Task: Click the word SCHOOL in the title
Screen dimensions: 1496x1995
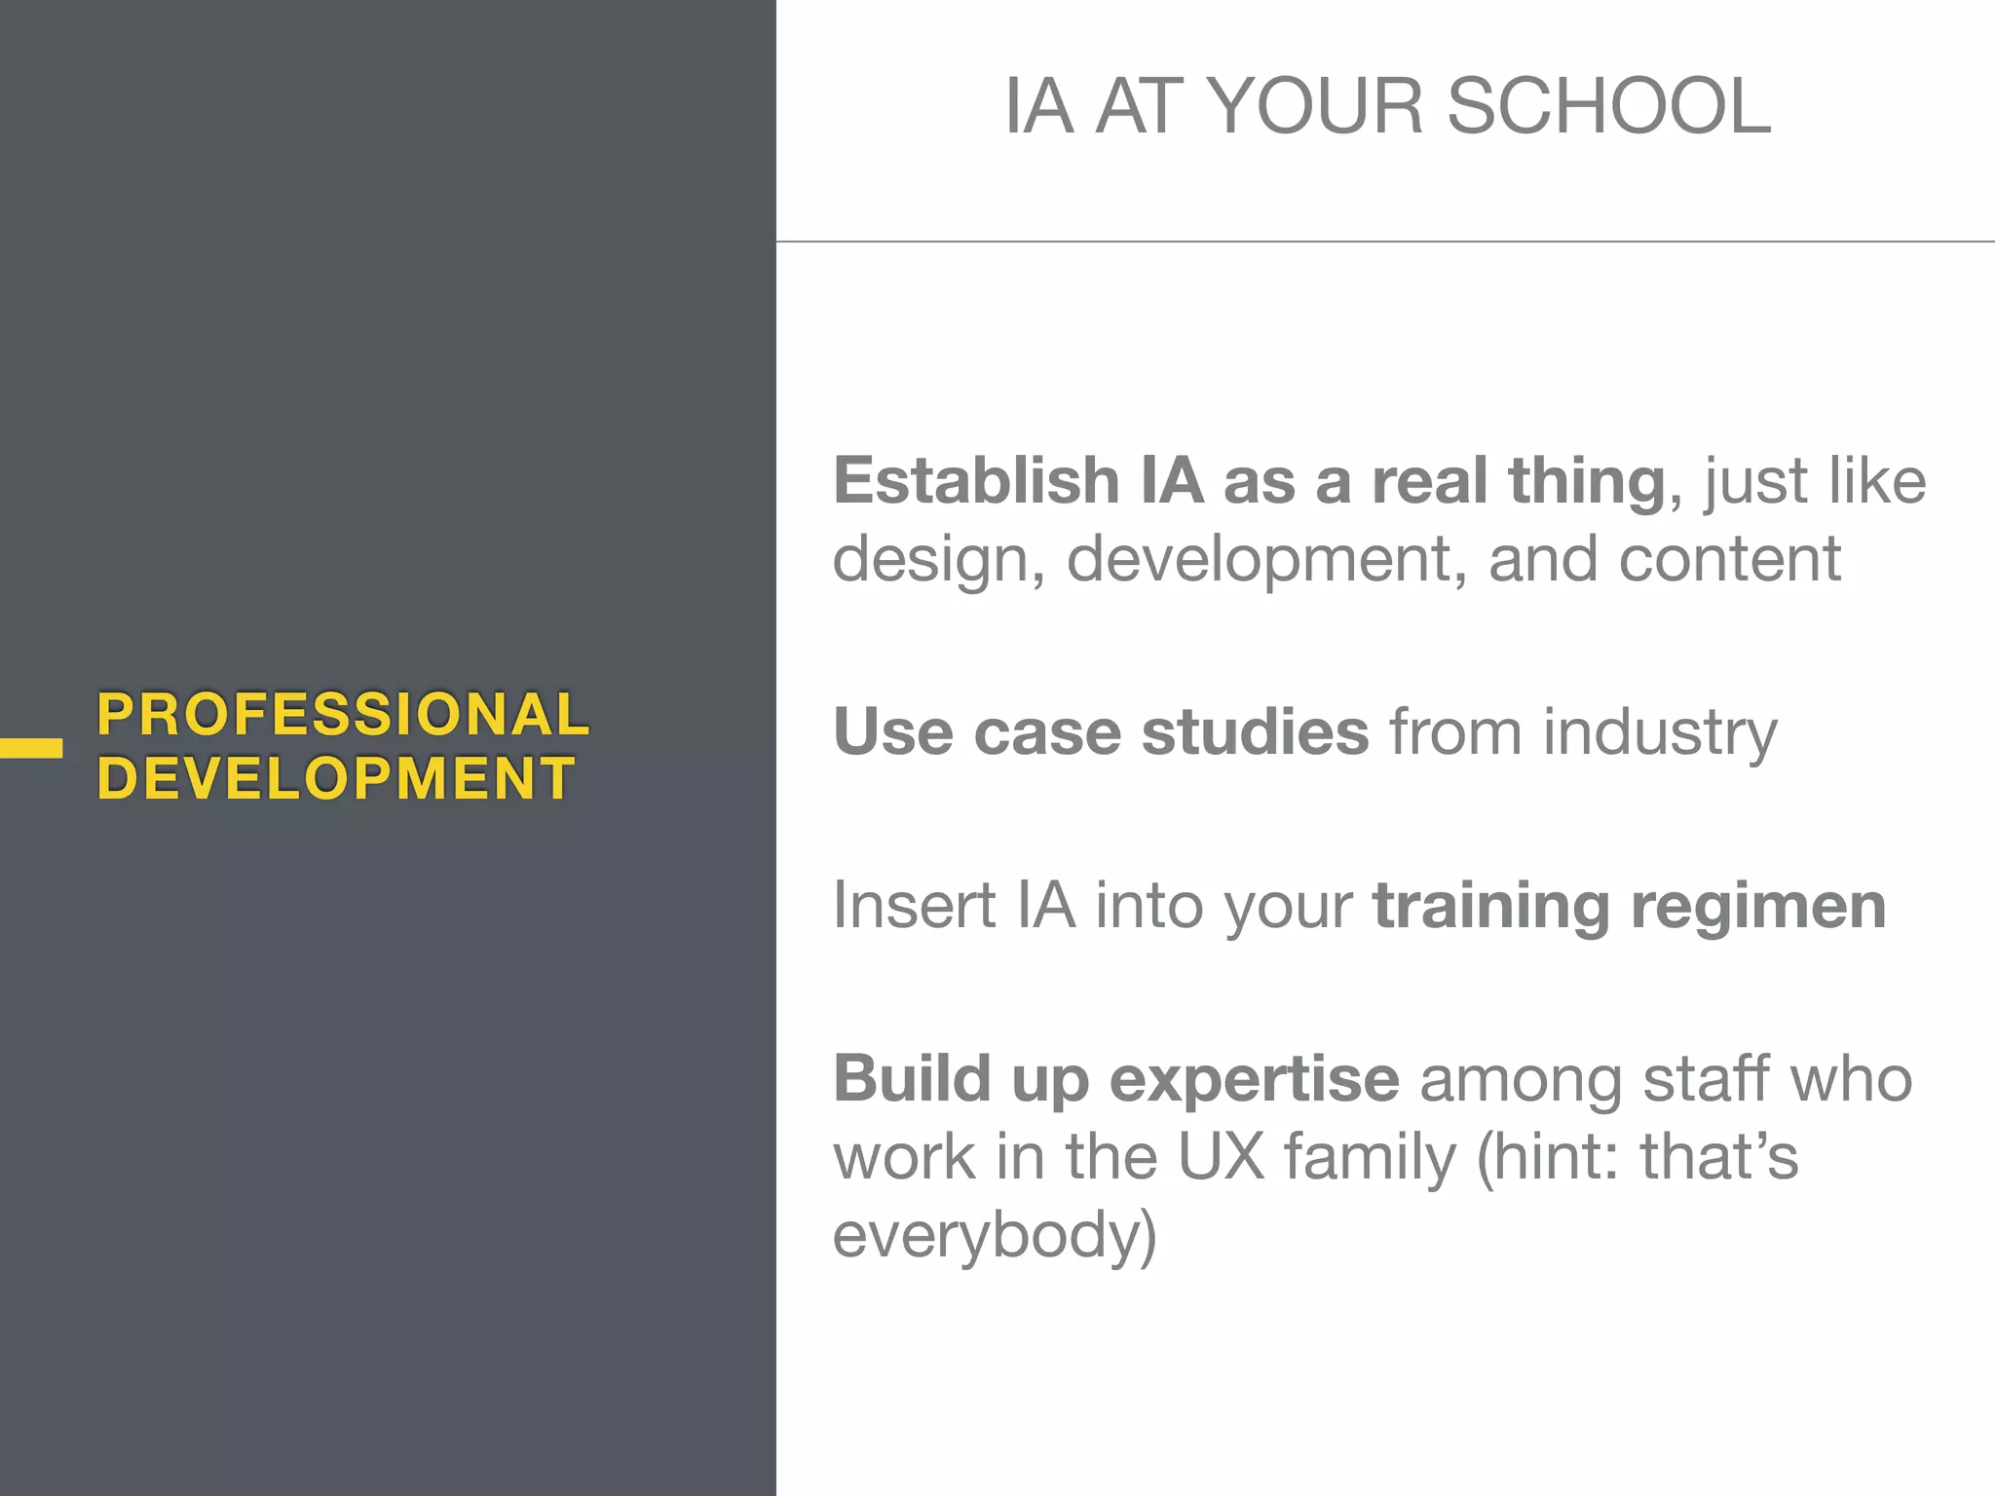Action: pos(1608,106)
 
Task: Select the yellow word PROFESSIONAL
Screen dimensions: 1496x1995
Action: pos(343,714)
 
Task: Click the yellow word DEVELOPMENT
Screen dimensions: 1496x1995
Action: pos(336,778)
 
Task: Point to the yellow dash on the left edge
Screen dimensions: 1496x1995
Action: pos(31,748)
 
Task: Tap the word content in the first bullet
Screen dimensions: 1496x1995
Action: pos(1729,559)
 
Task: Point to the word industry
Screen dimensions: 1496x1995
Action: pos(1660,733)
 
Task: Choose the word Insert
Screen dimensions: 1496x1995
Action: pos(913,905)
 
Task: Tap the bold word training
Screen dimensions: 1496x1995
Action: pos(1490,907)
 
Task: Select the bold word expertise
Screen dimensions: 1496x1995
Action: pos(1255,1080)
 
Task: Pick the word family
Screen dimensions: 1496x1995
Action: pos(1369,1158)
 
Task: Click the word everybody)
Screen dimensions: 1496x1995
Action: pos(995,1235)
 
